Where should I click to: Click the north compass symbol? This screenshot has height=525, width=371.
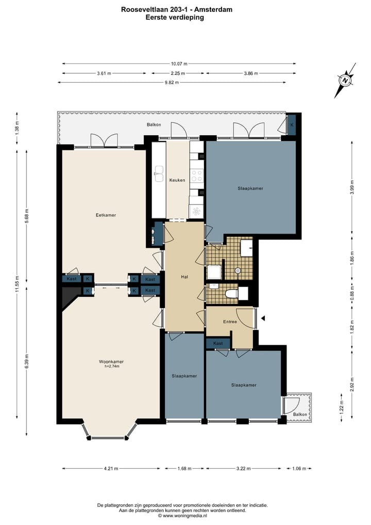(345, 81)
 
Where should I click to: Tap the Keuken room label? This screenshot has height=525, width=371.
(177, 180)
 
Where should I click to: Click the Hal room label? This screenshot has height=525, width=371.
(184, 277)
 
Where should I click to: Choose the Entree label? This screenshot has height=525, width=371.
(230, 322)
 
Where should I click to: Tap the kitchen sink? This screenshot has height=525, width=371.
(158, 173)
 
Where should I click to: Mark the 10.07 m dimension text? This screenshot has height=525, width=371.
(179, 63)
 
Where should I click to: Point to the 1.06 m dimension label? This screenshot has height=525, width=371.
(299, 469)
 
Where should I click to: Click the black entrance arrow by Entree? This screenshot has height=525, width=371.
(262, 319)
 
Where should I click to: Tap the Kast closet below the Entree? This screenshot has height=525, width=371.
(218, 343)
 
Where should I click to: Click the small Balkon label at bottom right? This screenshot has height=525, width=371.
(300, 415)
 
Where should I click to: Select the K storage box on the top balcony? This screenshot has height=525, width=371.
(292, 125)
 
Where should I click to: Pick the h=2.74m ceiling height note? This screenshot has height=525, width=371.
(112, 367)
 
